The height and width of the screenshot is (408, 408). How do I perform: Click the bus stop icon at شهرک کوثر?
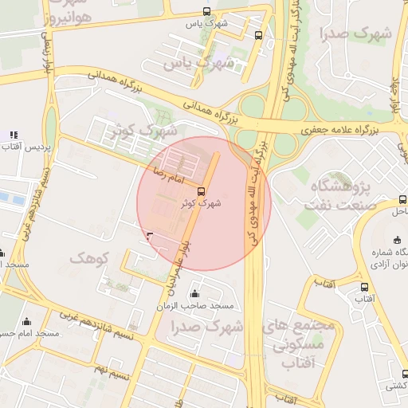click(x=200, y=191)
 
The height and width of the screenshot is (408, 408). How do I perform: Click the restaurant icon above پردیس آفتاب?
click(x=13, y=135)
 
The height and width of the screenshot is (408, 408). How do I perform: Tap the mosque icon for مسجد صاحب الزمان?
click(x=194, y=294)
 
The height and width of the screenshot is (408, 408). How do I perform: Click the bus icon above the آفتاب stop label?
click(x=364, y=287)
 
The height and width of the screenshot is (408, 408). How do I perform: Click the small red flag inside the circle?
click(x=150, y=235)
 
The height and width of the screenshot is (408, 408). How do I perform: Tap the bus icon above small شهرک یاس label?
click(x=207, y=12)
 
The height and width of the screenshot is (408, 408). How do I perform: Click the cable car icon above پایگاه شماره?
click(x=398, y=241)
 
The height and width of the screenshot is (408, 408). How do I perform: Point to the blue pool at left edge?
click(x=6, y=197)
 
